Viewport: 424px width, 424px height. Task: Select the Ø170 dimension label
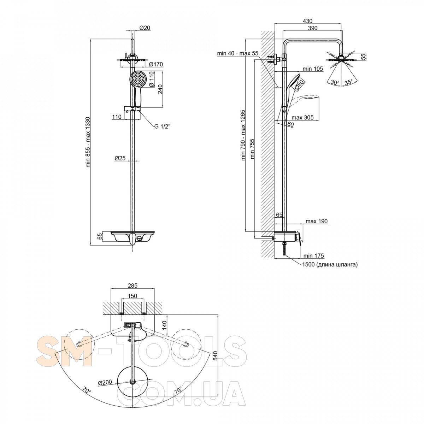[x=155, y=64]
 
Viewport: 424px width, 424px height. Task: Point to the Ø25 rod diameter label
[x=120, y=158]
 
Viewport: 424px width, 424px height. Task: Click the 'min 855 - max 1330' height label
[x=88, y=141]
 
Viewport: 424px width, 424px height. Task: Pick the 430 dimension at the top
[x=308, y=21]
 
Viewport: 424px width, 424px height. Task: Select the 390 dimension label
[x=312, y=28]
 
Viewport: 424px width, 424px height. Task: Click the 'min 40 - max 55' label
[x=238, y=53]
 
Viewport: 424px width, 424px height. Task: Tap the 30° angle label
[x=335, y=83]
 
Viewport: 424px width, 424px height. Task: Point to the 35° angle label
[x=348, y=83]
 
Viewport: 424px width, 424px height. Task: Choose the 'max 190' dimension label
[x=317, y=222]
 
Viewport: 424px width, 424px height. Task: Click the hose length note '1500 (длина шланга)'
[x=330, y=264]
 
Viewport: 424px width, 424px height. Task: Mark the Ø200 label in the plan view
[x=105, y=382]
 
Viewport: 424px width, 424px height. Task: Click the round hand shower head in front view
[x=137, y=78]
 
